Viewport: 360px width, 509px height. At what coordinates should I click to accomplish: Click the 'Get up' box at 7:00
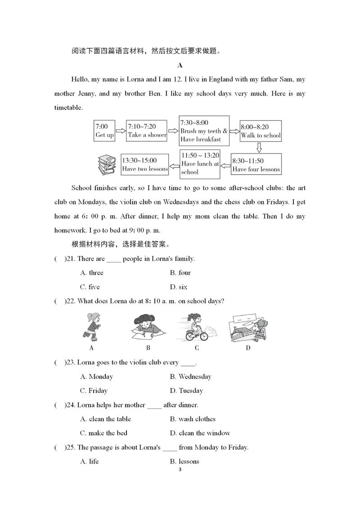coord(104,131)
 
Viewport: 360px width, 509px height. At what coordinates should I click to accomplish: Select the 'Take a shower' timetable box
coord(147,131)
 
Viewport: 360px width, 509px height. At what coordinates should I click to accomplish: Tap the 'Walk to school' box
coord(261,131)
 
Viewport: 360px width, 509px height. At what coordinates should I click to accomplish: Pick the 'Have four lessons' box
coord(256,165)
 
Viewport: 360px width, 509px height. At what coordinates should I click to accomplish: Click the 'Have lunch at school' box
coord(200,164)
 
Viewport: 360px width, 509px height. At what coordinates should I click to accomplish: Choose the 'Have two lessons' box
coord(144,164)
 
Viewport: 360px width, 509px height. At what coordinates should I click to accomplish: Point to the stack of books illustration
coord(107,165)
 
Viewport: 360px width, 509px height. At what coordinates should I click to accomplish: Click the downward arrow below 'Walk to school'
coord(259,148)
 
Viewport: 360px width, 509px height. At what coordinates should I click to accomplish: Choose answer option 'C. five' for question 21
coord(90,287)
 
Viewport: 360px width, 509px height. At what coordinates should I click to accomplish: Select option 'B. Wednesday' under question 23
coord(190,376)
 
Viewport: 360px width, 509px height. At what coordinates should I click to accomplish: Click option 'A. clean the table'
coord(105,419)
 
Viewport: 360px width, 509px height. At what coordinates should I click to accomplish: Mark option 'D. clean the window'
coord(200,433)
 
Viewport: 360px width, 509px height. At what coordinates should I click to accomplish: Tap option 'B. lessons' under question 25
coord(184,461)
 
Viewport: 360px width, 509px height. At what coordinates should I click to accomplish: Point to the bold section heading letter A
coord(180,65)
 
